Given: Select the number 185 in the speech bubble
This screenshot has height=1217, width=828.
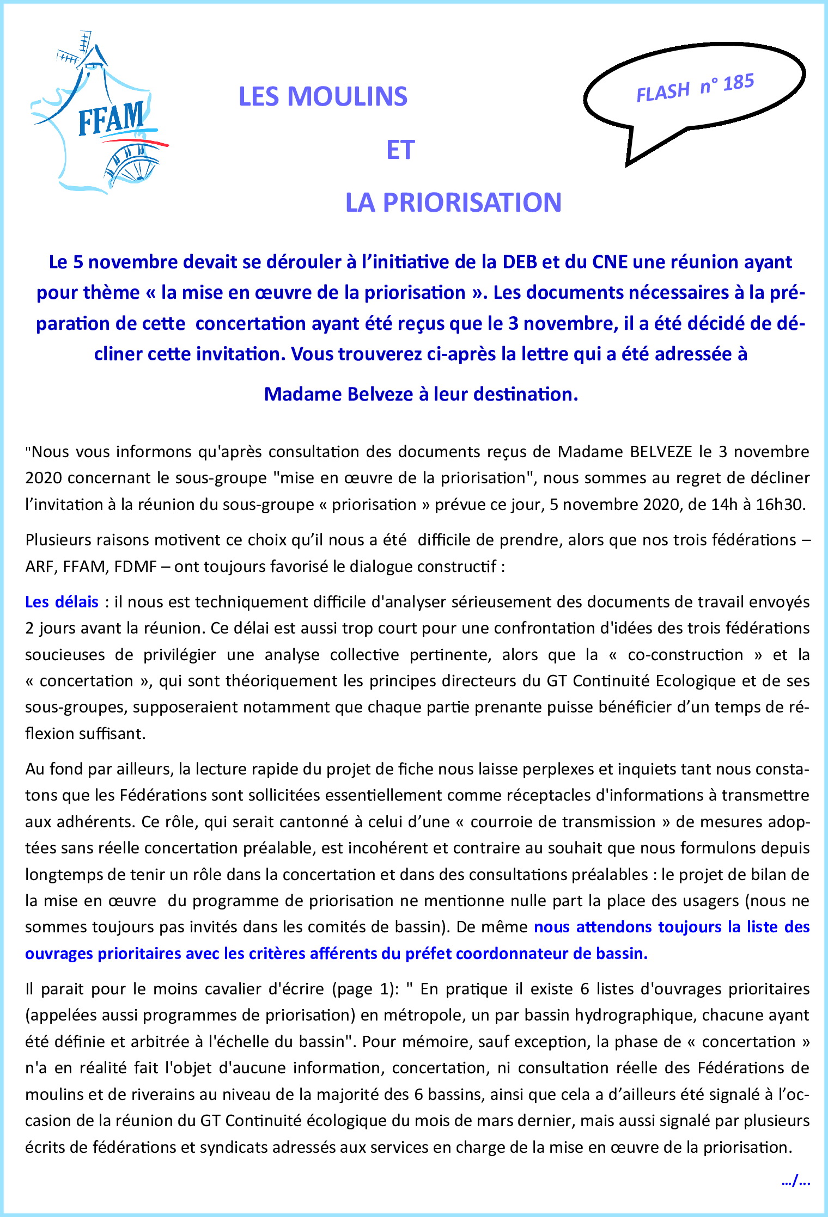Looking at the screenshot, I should point(739,83).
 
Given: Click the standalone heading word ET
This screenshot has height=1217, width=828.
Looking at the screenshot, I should point(400,150).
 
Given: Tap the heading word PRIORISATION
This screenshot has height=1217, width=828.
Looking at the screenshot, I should point(472,202).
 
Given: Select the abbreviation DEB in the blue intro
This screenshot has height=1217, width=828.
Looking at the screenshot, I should point(520,262).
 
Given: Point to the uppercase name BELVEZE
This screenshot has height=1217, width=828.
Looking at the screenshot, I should point(661,452).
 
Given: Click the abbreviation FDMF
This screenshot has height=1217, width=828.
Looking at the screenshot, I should point(136,567).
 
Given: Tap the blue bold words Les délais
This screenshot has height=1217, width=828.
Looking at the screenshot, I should point(62,602).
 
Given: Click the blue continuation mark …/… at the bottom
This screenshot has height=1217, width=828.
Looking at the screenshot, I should point(796,1181).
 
